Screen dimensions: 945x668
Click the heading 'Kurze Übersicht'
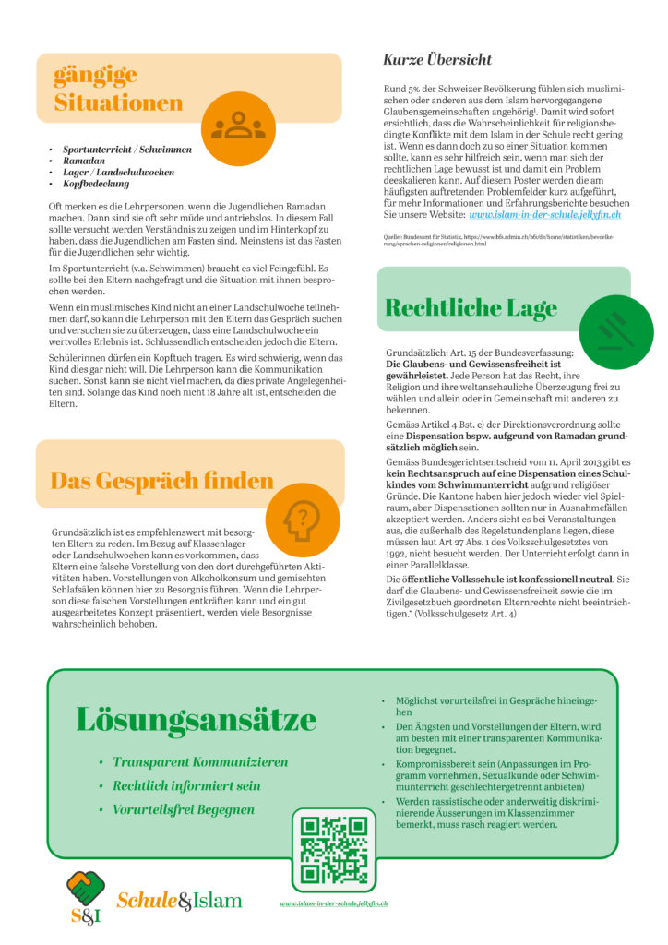(437, 60)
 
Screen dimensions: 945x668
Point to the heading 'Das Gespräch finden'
(161, 481)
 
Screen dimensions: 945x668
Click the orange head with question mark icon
(301, 520)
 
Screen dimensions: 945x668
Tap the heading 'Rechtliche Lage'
(471, 307)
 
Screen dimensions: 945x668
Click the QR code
(334, 850)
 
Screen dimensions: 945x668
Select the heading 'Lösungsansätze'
(197, 718)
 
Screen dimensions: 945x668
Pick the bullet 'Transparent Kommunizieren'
(200, 762)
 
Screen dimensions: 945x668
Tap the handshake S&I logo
(86, 896)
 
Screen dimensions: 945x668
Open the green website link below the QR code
(334, 903)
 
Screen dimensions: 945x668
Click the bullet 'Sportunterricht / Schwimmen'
(127, 149)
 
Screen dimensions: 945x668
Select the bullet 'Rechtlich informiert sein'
(186, 786)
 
